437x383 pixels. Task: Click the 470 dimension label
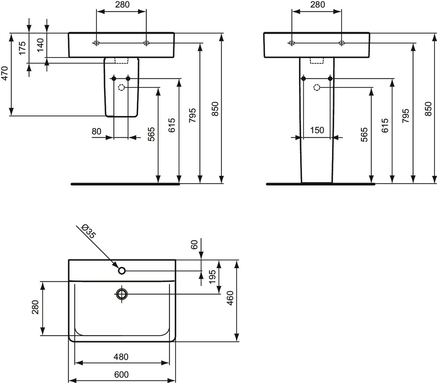click(x=5, y=73)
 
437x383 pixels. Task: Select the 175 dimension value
click(x=22, y=48)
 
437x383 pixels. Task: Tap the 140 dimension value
click(x=40, y=45)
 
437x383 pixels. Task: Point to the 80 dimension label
click(x=96, y=131)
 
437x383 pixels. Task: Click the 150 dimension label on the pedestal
click(x=317, y=130)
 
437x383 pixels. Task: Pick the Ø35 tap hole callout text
click(x=88, y=231)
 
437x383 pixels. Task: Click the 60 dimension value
click(x=194, y=245)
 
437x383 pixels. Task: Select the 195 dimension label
click(x=212, y=277)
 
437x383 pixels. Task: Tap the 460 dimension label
click(x=230, y=298)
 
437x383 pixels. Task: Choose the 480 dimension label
click(x=121, y=357)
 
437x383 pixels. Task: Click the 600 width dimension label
click(x=121, y=374)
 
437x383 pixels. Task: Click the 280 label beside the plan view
click(x=35, y=307)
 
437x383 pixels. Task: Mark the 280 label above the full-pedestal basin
click(x=317, y=5)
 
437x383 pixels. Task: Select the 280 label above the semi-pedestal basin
click(x=122, y=5)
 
